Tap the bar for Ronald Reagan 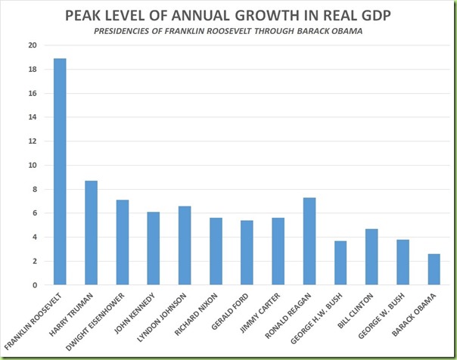pyautogui.click(x=309, y=241)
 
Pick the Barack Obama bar pyautogui.click(x=434, y=269)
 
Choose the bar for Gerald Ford pyautogui.click(x=247, y=253)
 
